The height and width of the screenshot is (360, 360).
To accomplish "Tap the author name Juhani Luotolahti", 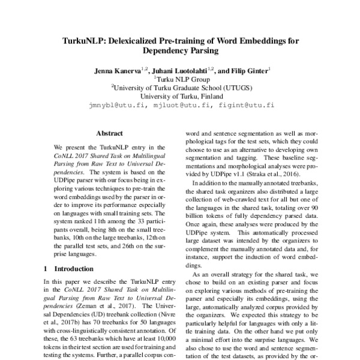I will click(184, 70).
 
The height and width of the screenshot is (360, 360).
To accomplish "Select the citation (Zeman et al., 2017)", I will click(95, 314).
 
